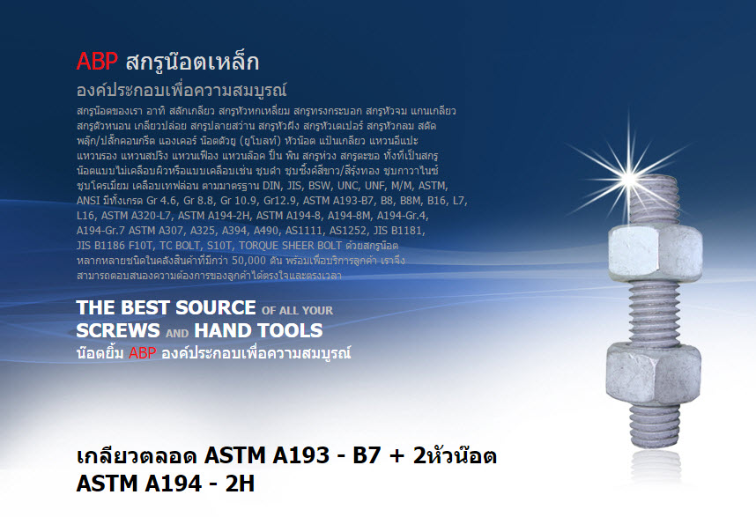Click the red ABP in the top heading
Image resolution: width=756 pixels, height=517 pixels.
97,62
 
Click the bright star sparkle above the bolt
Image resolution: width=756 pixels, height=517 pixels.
628,178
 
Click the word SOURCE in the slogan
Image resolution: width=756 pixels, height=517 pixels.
216,307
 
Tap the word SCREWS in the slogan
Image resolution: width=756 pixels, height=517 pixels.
118,330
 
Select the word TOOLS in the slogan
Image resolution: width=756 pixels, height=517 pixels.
290,330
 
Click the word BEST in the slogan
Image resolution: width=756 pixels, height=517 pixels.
146,307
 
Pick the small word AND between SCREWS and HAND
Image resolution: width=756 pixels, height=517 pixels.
177,333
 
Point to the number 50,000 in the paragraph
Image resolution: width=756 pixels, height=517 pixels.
248,260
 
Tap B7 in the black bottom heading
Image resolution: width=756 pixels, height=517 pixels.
367,455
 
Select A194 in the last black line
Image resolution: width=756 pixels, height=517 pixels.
173,484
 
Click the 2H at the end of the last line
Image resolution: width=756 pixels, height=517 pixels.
241,484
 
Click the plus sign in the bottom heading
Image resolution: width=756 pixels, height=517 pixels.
397,456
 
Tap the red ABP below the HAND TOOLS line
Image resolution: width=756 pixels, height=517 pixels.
142,352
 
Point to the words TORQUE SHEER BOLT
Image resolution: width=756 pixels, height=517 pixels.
290,245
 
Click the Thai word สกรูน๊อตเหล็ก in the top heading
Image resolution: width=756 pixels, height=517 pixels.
192,63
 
